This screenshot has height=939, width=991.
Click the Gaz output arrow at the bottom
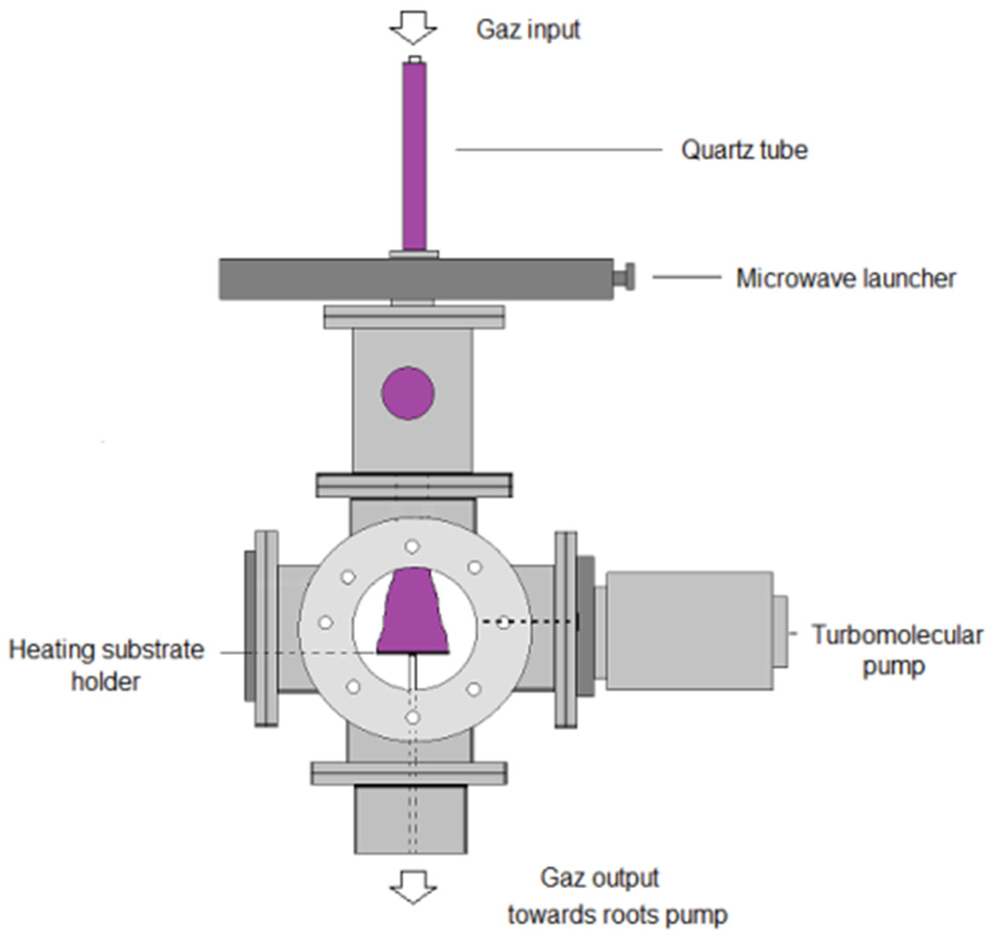[413, 886]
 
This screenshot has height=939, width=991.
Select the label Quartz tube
[744, 150]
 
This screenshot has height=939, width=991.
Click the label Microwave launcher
[846, 278]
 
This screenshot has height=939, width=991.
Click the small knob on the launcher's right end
[625, 277]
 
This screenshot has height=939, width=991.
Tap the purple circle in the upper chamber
[408, 393]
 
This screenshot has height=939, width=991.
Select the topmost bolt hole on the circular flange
[411, 546]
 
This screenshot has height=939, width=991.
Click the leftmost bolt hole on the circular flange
[325, 622]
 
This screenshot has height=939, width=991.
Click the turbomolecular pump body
[689, 630]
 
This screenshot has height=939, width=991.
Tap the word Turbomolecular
[897, 635]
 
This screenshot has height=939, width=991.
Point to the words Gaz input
[528, 29]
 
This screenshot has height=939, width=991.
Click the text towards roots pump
[617, 915]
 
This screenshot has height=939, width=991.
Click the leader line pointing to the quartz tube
[558, 150]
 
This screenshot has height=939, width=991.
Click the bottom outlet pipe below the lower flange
[410, 819]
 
